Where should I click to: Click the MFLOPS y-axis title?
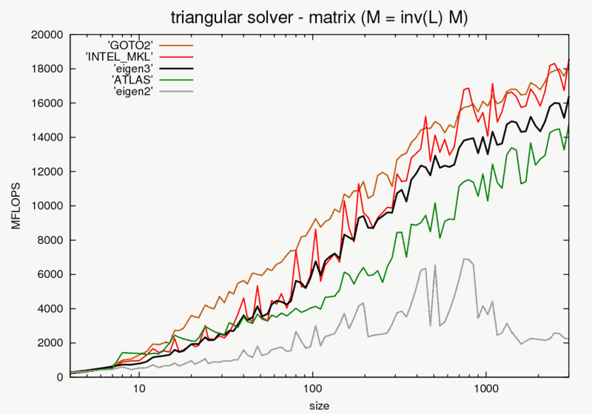16,206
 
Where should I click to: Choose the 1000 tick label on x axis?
485,388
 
